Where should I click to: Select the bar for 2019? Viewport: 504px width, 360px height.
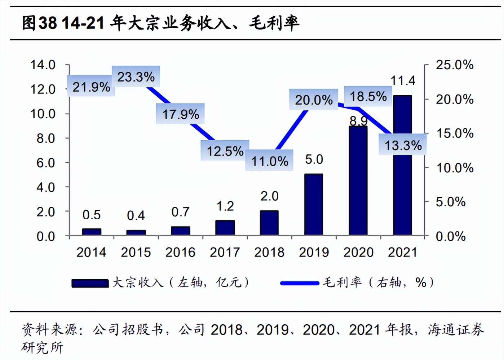pos(313,205)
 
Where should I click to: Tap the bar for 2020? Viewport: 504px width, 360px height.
pos(358,180)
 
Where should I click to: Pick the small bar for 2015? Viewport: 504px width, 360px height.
pos(136,232)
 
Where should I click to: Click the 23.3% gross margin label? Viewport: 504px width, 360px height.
pos(136,77)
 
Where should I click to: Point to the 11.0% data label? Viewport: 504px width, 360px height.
pos(269,161)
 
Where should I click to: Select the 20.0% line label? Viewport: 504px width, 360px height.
pos(314,100)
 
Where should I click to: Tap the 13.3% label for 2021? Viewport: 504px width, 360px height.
pos(403,145)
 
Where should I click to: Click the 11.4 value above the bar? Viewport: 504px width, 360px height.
pos(403,81)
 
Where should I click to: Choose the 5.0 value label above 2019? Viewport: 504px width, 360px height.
pos(314,159)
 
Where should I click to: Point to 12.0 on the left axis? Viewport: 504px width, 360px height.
pos(43,89)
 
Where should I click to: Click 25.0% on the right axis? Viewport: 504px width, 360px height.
pos(454,65)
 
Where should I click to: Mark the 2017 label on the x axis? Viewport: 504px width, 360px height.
pos(225,252)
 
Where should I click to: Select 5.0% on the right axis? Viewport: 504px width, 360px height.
pos(450,202)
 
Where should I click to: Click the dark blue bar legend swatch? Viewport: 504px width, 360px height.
pos(90,283)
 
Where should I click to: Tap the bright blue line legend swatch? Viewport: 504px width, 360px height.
pos(300,283)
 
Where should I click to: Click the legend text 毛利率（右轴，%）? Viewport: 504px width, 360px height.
pos(378,282)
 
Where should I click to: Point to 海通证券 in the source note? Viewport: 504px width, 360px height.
pos(456,329)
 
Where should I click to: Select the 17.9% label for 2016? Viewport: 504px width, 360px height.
pos(180,114)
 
